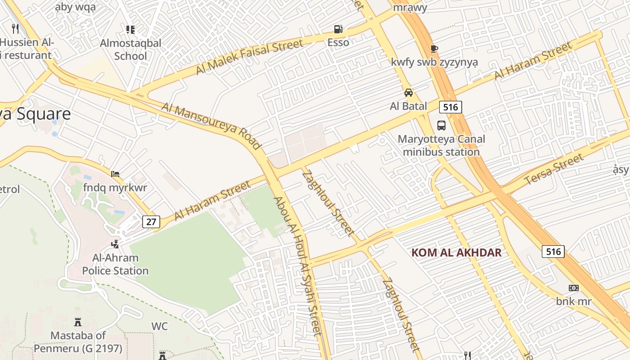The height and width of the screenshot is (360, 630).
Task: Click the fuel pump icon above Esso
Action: (x=338, y=29)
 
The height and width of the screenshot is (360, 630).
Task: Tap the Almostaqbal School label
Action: (x=130, y=50)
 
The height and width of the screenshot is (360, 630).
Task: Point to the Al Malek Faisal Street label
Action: (x=249, y=57)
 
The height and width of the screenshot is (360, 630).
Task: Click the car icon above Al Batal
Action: (x=408, y=93)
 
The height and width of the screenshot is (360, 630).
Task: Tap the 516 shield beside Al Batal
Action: (x=450, y=107)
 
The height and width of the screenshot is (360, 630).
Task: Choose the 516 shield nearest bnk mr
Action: (x=553, y=251)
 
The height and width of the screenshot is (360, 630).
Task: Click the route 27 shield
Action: (x=151, y=221)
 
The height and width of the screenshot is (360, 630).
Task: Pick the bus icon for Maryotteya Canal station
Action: (x=441, y=126)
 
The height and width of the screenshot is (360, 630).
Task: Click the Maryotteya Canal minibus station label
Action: (x=441, y=145)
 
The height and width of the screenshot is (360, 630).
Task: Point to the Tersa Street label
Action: (x=554, y=170)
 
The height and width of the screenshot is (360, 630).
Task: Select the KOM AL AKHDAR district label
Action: (x=456, y=252)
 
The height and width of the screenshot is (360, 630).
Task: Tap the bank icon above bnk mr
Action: (x=573, y=288)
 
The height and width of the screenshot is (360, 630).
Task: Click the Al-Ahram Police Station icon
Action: (x=115, y=244)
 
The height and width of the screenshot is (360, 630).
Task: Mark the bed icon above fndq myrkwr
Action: (x=115, y=174)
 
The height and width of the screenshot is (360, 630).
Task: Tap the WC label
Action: (x=159, y=326)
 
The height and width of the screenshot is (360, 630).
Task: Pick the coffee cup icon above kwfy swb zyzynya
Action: (x=434, y=49)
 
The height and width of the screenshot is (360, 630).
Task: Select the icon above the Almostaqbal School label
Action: (x=130, y=30)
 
